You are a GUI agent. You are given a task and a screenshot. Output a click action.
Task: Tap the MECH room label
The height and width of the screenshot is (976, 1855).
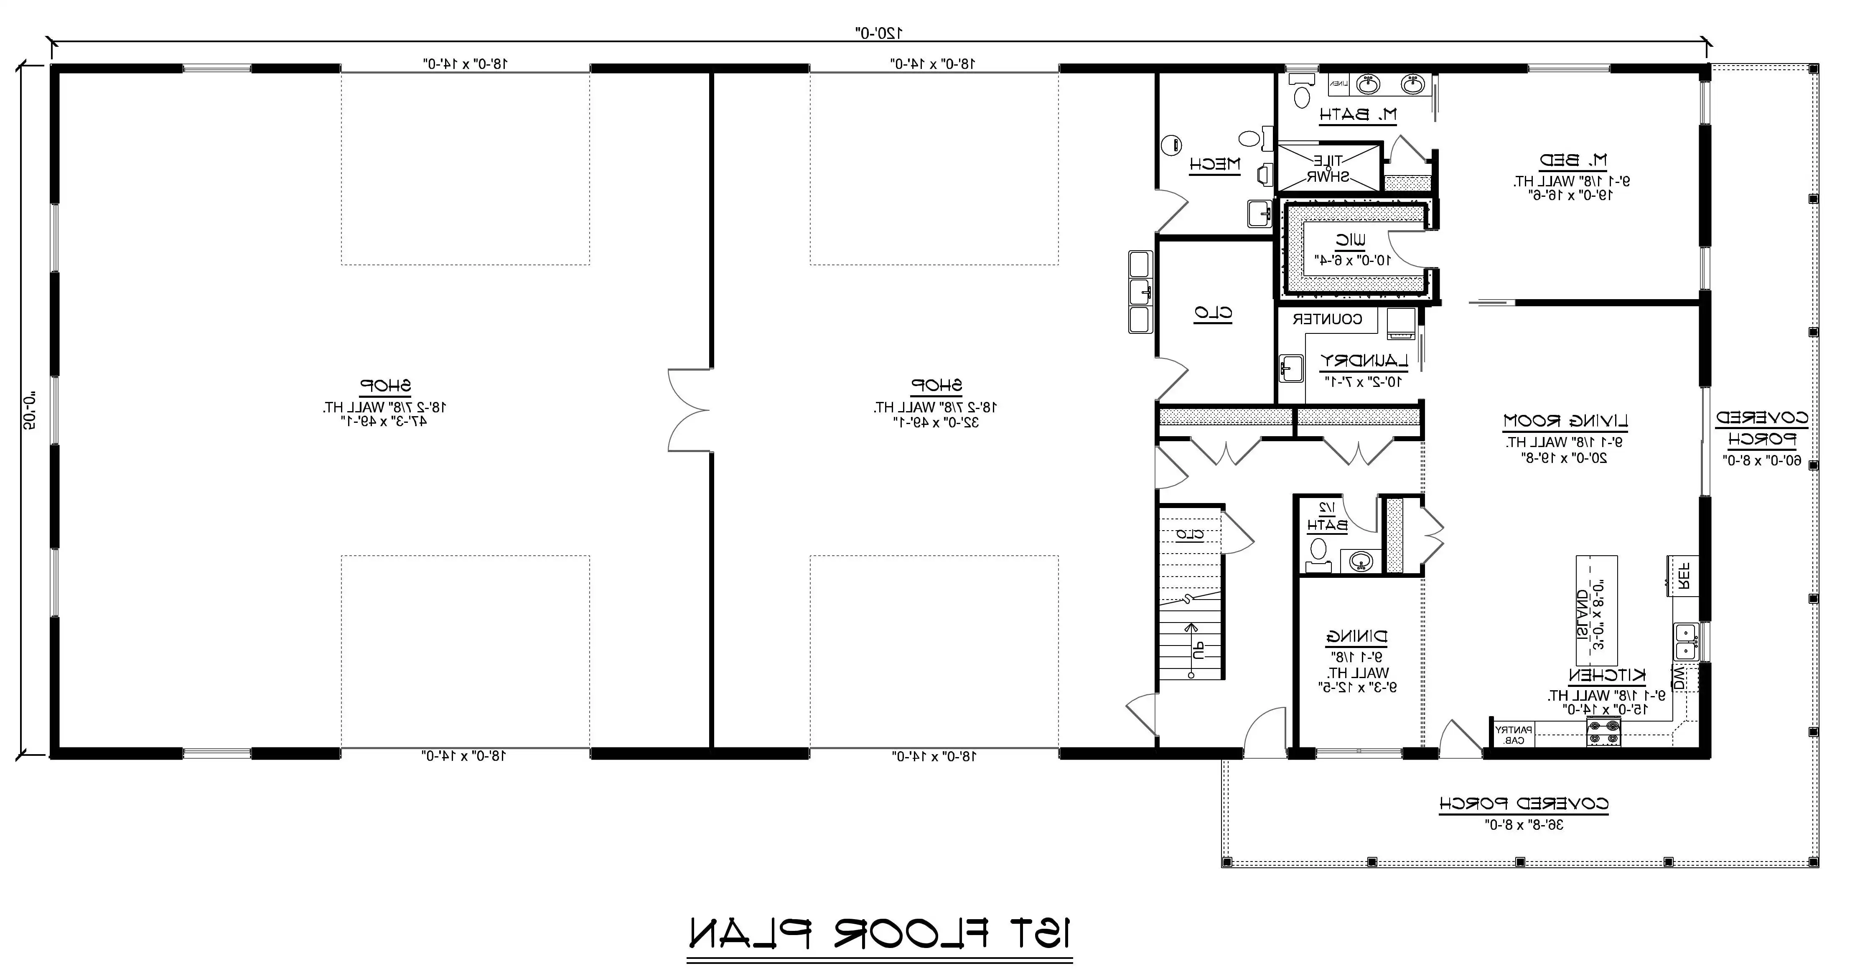[1215, 164]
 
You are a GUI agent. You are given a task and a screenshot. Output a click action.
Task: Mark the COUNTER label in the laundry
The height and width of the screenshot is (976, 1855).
[1327, 319]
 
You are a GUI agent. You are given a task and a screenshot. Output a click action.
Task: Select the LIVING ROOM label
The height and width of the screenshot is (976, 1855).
[1565, 420]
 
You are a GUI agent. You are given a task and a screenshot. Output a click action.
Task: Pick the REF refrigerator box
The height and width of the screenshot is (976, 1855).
[1683, 576]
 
